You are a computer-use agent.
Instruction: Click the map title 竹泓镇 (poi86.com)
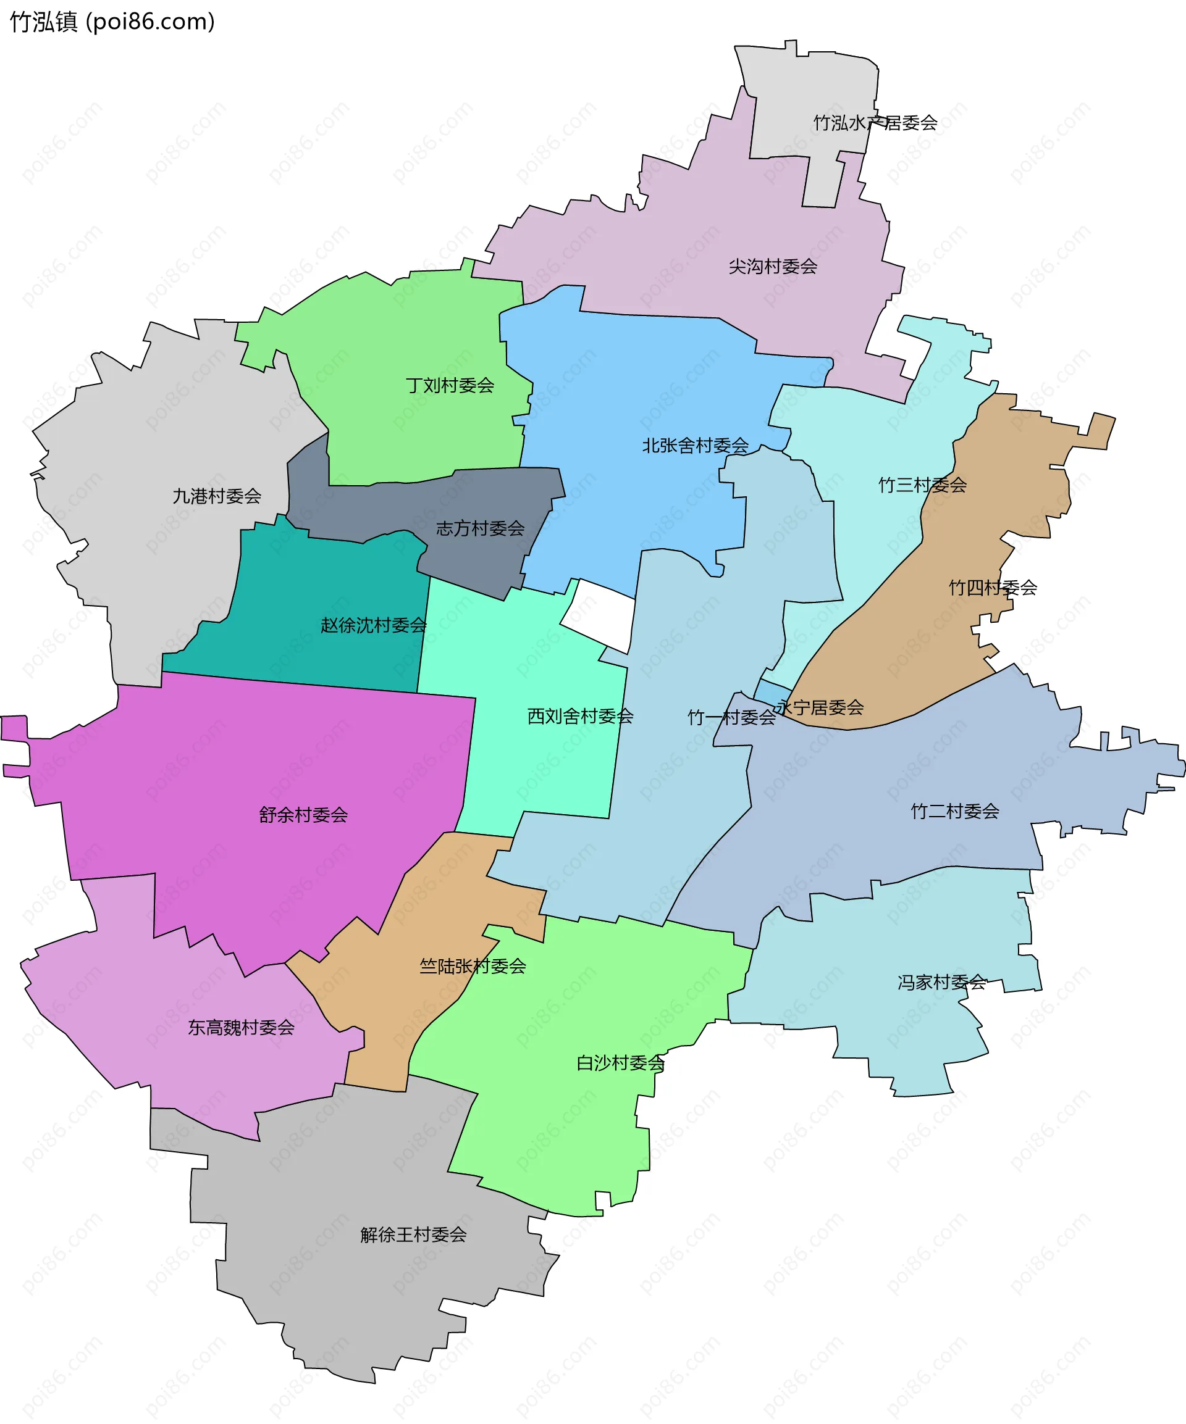pyautogui.click(x=112, y=22)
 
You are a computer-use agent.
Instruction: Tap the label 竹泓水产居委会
pyautogui.click(x=875, y=123)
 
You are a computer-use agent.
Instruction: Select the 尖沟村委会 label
pyautogui.click(x=773, y=267)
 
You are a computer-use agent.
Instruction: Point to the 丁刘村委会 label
pyautogui.click(x=450, y=385)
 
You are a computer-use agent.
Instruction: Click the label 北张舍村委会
pyautogui.click(x=696, y=446)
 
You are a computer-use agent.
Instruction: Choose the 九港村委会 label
pyautogui.click(x=217, y=496)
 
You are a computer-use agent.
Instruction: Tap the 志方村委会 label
pyautogui.click(x=481, y=528)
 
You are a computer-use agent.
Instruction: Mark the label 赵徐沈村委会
pyautogui.click(x=374, y=625)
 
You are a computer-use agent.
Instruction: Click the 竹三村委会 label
pyautogui.click(x=923, y=485)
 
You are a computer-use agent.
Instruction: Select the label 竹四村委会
pyautogui.click(x=993, y=587)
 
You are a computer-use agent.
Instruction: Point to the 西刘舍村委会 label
pyautogui.click(x=581, y=716)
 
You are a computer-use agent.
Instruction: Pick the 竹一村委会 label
pyautogui.click(x=731, y=717)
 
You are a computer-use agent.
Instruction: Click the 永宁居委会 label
pyautogui.click(x=820, y=707)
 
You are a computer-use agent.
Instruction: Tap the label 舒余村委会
pyautogui.click(x=303, y=815)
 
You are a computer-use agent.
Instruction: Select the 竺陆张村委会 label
pyautogui.click(x=473, y=966)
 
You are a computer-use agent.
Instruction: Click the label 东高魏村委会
pyautogui.click(x=242, y=1028)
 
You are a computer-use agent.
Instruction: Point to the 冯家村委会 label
pyautogui.click(x=942, y=983)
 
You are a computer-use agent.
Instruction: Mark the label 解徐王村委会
pyautogui.click(x=414, y=1235)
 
